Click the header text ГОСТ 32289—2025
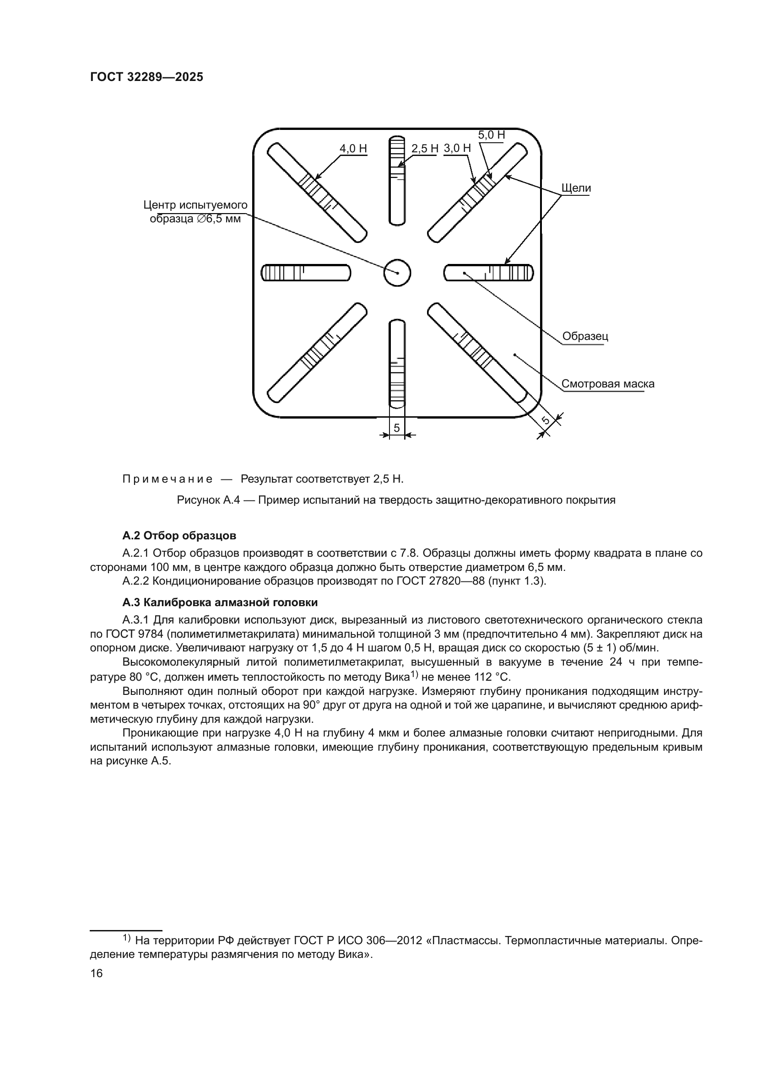pos(146,77)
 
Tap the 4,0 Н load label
pos(353,149)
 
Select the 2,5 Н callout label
pos(425,149)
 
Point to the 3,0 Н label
pos(457,148)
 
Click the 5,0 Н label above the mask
pos(491,135)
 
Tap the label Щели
pos(576,188)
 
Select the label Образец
pos(585,337)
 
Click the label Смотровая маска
pos(607,384)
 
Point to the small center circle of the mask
pos(397,273)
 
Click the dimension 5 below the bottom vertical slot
pos(397,427)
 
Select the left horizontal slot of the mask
pos(306,273)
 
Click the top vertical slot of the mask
pos(397,181)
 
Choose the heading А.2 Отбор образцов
pos(179,536)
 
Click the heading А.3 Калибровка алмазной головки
pos(220,602)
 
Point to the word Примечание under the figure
pos(168,479)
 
